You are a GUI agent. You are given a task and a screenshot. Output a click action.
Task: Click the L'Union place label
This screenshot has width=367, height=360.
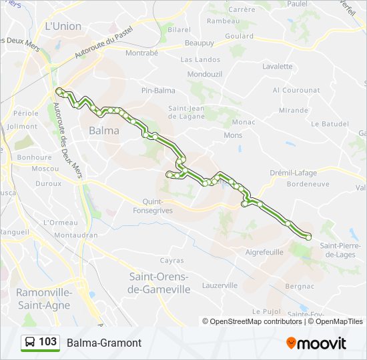click(63, 26)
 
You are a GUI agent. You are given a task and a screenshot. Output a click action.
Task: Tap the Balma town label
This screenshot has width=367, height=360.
click(104, 131)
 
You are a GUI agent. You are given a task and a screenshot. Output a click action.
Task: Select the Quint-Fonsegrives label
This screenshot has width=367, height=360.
click(157, 205)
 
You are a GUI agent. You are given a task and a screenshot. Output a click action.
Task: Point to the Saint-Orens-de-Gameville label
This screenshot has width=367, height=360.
click(159, 283)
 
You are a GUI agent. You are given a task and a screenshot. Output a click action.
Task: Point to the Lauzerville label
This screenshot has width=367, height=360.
click(220, 285)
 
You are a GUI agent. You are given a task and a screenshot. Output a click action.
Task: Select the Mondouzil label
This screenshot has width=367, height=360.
click(205, 74)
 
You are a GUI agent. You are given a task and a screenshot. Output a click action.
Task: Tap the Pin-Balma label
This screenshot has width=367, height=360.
click(158, 90)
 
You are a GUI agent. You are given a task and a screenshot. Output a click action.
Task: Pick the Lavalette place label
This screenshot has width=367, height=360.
click(278, 67)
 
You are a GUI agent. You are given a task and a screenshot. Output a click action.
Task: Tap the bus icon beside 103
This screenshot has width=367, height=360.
click(29, 343)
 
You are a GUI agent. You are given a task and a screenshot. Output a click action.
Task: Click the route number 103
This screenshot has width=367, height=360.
click(47, 342)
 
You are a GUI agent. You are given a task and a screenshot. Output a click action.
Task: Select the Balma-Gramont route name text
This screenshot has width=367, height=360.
click(104, 343)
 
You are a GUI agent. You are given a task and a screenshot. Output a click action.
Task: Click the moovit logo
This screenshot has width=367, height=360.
click(316, 343)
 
